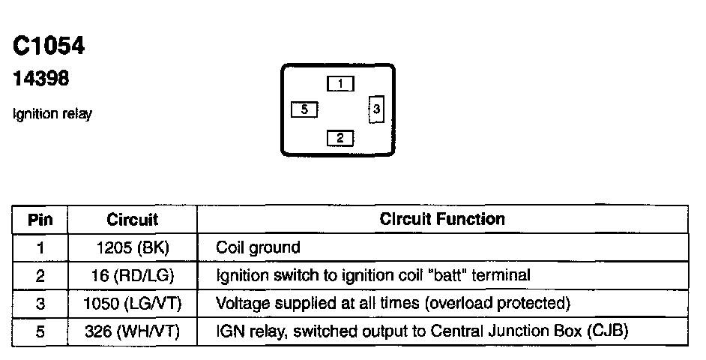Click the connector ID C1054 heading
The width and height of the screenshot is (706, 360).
(x=49, y=46)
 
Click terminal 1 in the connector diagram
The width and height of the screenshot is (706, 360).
(x=340, y=84)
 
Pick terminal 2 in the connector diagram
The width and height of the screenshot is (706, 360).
(x=340, y=137)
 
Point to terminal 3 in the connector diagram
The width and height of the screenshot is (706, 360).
(x=376, y=109)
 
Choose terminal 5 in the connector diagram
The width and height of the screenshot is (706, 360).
(x=304, y=109)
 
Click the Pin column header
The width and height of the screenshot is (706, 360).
(x=40, y=220)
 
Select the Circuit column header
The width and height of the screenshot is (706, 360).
(x=133, y=220)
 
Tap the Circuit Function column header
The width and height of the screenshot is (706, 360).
(x=442, y=219)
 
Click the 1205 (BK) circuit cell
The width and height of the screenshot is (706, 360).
(x=133, y=247)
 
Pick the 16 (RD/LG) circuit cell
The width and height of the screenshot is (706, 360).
(x=133, y=275)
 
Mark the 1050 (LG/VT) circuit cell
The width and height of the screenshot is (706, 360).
(x=133, y=303)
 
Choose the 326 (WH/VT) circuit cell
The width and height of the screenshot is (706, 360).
(x=133, y=331)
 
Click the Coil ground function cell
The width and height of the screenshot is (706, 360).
(x=258, y=247)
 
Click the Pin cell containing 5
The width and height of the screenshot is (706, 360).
(x=40, y=331)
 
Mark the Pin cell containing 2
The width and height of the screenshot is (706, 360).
(x=40, y=275)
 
